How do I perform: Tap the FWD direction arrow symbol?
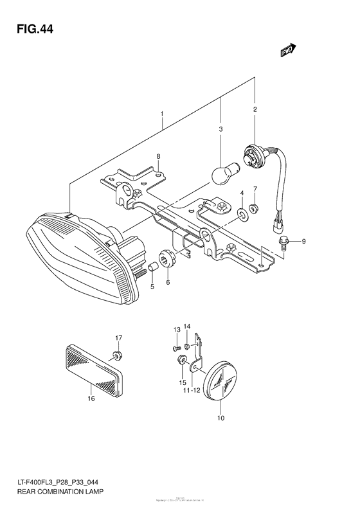tap(287, 51)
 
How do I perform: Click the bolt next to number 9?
tap(283, 242)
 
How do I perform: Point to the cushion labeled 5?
tap(154, 267)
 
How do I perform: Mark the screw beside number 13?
tap(177, 348)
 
